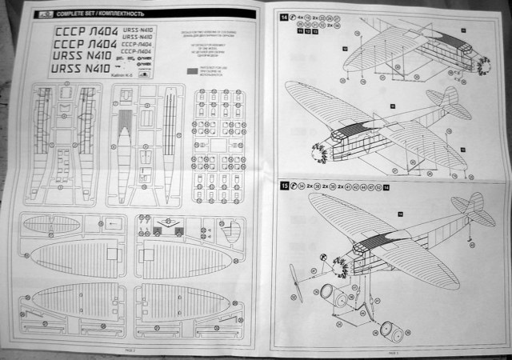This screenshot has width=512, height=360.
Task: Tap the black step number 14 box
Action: [285, 17]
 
